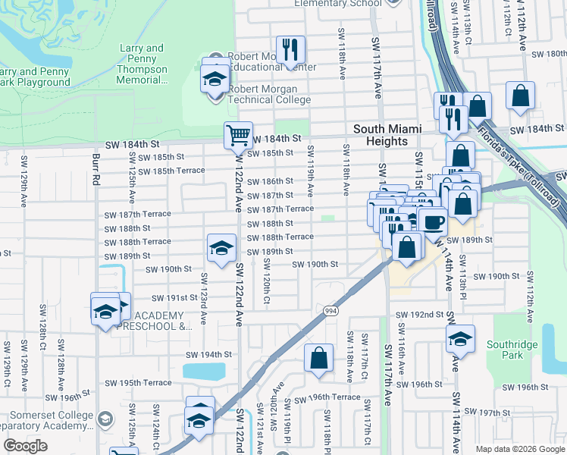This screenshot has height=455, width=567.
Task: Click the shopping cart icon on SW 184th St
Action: point(238,136)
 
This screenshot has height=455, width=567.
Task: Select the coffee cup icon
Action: point(433,221)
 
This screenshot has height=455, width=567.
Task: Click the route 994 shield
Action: point(330,310)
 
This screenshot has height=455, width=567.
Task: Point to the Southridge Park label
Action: point(513,350)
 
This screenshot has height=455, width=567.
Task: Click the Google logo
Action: point(25,446)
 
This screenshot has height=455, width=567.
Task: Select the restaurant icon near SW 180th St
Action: point(291,51)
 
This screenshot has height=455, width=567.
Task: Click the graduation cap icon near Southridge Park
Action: point(460,339)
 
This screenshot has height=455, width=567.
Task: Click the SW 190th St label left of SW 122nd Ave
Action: point(168,269)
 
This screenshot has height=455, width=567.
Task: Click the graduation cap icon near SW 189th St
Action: point(221,248)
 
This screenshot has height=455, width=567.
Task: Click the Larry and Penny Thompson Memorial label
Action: point(143,64)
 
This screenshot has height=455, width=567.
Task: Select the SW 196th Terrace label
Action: point(327,398)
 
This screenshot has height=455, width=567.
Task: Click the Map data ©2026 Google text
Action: point(519,449)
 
